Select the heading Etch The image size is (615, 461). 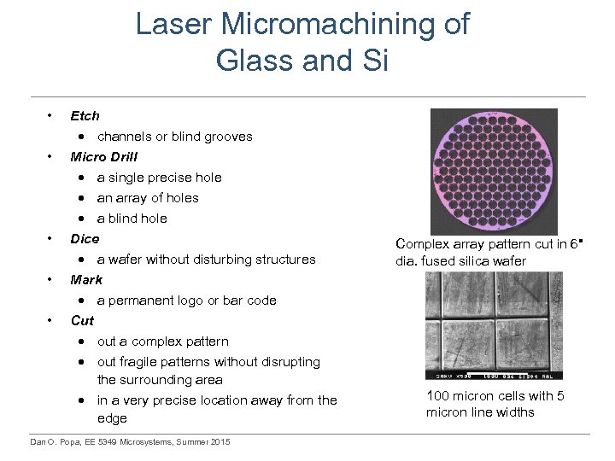pos(85,116)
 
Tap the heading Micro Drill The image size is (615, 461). pos(103,157)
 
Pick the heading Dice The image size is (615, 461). pos(85,239)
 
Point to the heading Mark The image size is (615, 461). pos(86,280)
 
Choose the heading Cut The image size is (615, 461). pos(82,321)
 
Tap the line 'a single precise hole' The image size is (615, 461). pos(159,178)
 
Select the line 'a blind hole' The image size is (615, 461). pos(132,219)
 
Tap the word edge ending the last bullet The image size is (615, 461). pos(112,418)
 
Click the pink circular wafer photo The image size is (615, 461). pos(493,171)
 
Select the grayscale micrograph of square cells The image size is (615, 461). pos(494,325)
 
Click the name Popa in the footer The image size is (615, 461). pos(69,441)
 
